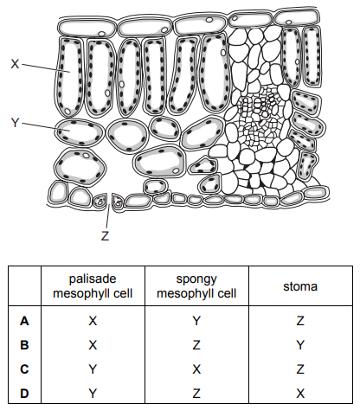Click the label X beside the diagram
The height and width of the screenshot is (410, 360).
click(15, 64)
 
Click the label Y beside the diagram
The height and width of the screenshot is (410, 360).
click(15, 123)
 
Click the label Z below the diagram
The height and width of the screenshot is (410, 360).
click(106, 236)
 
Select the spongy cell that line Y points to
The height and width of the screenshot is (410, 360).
click(80, 132)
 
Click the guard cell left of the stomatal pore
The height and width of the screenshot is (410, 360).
click(100, 200)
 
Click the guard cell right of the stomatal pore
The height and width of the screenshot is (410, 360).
click(118, 202)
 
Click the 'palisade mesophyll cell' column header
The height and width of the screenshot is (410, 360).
click(93, 286)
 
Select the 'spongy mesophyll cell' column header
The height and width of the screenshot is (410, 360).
click(196, 286)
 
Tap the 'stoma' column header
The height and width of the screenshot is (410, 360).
click(300, 286)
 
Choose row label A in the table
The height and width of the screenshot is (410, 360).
click(24, 321)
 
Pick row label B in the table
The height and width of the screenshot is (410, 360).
click(24, 345)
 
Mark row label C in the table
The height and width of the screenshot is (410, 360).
click(24, 369)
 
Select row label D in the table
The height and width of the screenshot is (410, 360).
click(24, 394)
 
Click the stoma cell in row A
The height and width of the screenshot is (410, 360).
click(300, 321)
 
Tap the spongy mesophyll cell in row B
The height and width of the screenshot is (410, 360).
click(196, 345)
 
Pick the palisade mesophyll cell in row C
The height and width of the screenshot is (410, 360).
click(93, 369)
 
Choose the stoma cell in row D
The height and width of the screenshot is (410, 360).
click(300, 394)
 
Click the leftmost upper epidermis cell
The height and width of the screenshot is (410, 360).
click(87, 28)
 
